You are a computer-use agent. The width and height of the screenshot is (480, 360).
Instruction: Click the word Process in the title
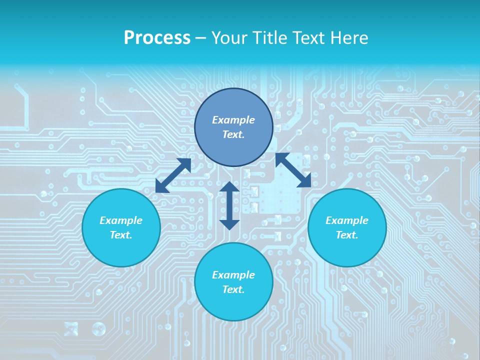click(x=157, y=38)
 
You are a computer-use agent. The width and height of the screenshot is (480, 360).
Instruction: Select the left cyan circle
click(x=121, y=250)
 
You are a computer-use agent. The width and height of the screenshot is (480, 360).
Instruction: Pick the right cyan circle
click(x=347, y=250)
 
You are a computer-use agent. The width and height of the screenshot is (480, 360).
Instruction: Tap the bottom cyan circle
click(x=233, y=305)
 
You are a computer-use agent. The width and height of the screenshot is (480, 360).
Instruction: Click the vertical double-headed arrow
click(x=229, y=205)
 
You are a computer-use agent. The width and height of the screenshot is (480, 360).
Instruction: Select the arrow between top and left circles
click(x=173, y=175)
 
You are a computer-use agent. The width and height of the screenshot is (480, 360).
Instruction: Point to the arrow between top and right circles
click(x=293, y=170)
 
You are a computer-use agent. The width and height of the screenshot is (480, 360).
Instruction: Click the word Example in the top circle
click(x=233, y=120)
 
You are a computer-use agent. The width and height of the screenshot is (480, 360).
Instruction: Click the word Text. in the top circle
click(x=233, y=134)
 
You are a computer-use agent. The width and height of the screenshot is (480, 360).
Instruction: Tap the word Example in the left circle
click(x=121, y=220)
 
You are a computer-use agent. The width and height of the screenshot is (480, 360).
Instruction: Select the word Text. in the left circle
click(x=121, y=235)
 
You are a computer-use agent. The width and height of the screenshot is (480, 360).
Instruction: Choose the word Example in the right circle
click(x=347, y=220)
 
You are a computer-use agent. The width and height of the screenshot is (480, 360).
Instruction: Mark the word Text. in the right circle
click(x=347, y=235)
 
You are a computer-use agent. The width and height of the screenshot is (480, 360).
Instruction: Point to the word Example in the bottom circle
click(x=233, y=275)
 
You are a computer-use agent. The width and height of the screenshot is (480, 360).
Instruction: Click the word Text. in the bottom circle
click(x=233, y=289)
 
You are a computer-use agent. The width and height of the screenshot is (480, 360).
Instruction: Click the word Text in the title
click(x=308, y=38)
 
